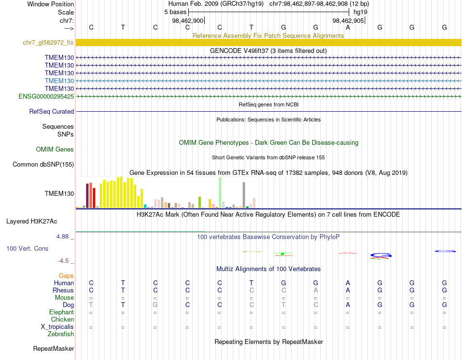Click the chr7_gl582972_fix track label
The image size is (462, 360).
[48, 43]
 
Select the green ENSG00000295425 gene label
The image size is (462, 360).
[46, 97]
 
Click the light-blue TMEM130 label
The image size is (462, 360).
[59, 81]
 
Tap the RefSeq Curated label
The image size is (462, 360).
[52, 112]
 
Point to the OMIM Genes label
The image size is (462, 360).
[55, 150]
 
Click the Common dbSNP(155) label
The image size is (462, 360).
[43, 165]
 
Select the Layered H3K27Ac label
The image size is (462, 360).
[32, 222]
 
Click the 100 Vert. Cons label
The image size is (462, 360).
[27, 249]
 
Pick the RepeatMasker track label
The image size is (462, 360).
[53, 349]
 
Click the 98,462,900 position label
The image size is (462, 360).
[188, 21]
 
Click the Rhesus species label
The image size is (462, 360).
[63, 291]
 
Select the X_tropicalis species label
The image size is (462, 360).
[57, 327]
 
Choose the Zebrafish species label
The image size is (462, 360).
[61, 334]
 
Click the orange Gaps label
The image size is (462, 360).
[66, 276]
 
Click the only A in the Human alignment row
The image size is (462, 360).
[348, 283]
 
